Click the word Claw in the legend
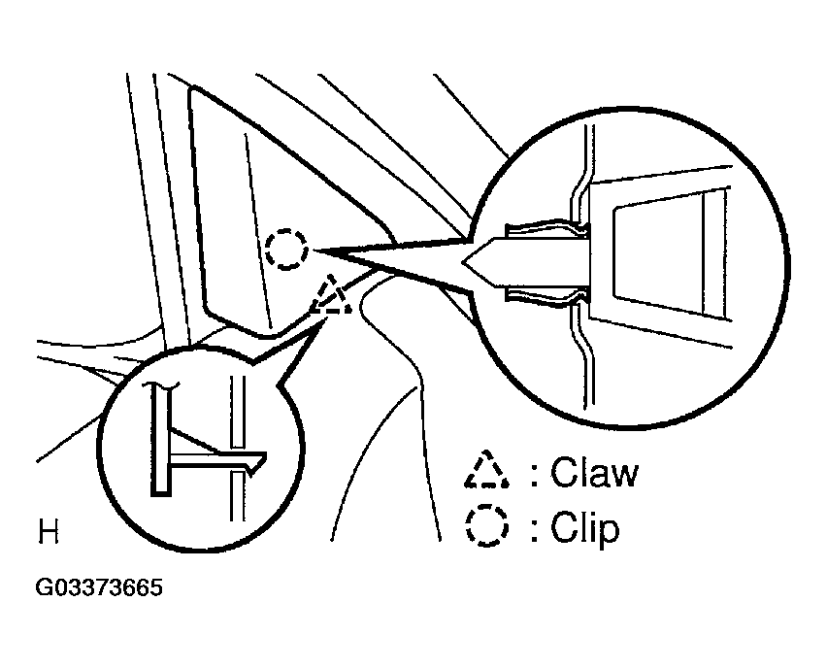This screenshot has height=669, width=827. (x=594, y=471)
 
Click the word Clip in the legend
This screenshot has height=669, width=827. (x=584, y=526)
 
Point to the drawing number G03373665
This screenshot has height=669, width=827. (x=99, y=587)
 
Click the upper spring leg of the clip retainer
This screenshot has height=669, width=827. (x=546, y=226)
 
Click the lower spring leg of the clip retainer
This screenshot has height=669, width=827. (x=546, y=298)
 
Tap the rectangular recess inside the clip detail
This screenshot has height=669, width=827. (x=660, y=257)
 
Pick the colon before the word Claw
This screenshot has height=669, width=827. (x=535, y=474)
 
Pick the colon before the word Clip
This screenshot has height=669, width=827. (x=535, y=529)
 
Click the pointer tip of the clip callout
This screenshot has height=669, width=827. (x=314, y=251)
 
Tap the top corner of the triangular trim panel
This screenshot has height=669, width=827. (x=193, y=86)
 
